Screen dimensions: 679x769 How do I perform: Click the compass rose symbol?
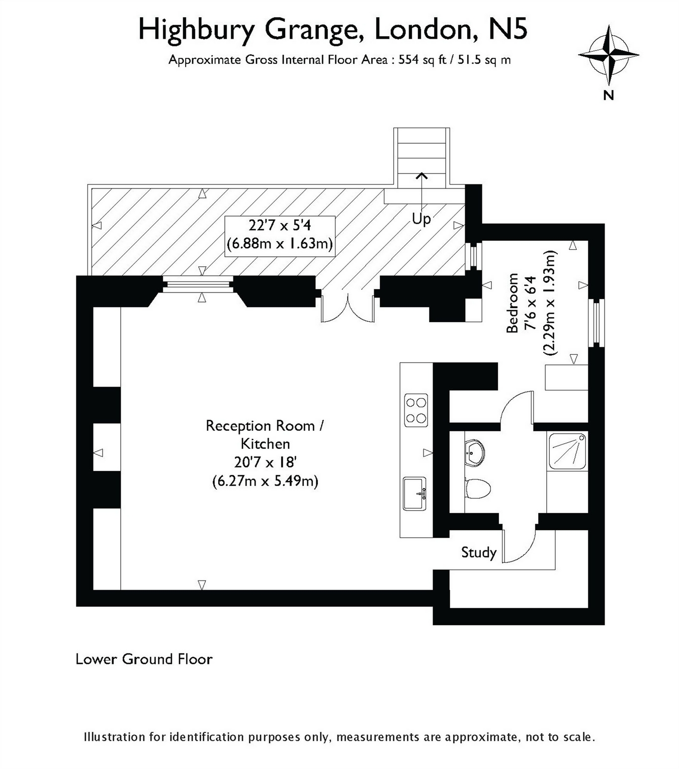tap(609, 55)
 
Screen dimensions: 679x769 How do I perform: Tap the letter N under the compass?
tap(609, 94)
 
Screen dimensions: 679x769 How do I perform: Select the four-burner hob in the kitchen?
tap(416, 410)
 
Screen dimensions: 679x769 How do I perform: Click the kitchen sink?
tap(414, 494)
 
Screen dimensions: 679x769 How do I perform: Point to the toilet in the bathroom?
tap(477, 488)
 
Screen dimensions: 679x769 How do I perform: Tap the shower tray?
tap(567, 451)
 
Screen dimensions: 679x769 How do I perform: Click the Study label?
tap(478, 552)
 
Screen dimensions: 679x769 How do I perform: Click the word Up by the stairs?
tap(421, 219)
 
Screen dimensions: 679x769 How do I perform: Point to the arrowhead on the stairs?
tap(421, 176)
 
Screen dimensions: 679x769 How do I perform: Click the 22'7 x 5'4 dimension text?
tap(279, 225)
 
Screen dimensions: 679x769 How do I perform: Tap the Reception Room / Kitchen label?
tap(265, 434)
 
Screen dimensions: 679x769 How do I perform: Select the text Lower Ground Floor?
tap(144, 659)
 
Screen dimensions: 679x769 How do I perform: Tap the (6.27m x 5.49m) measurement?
tap(265, 481)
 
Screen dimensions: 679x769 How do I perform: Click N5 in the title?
tap(508, 30)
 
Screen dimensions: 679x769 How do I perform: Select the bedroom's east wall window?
tap(597, 323)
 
